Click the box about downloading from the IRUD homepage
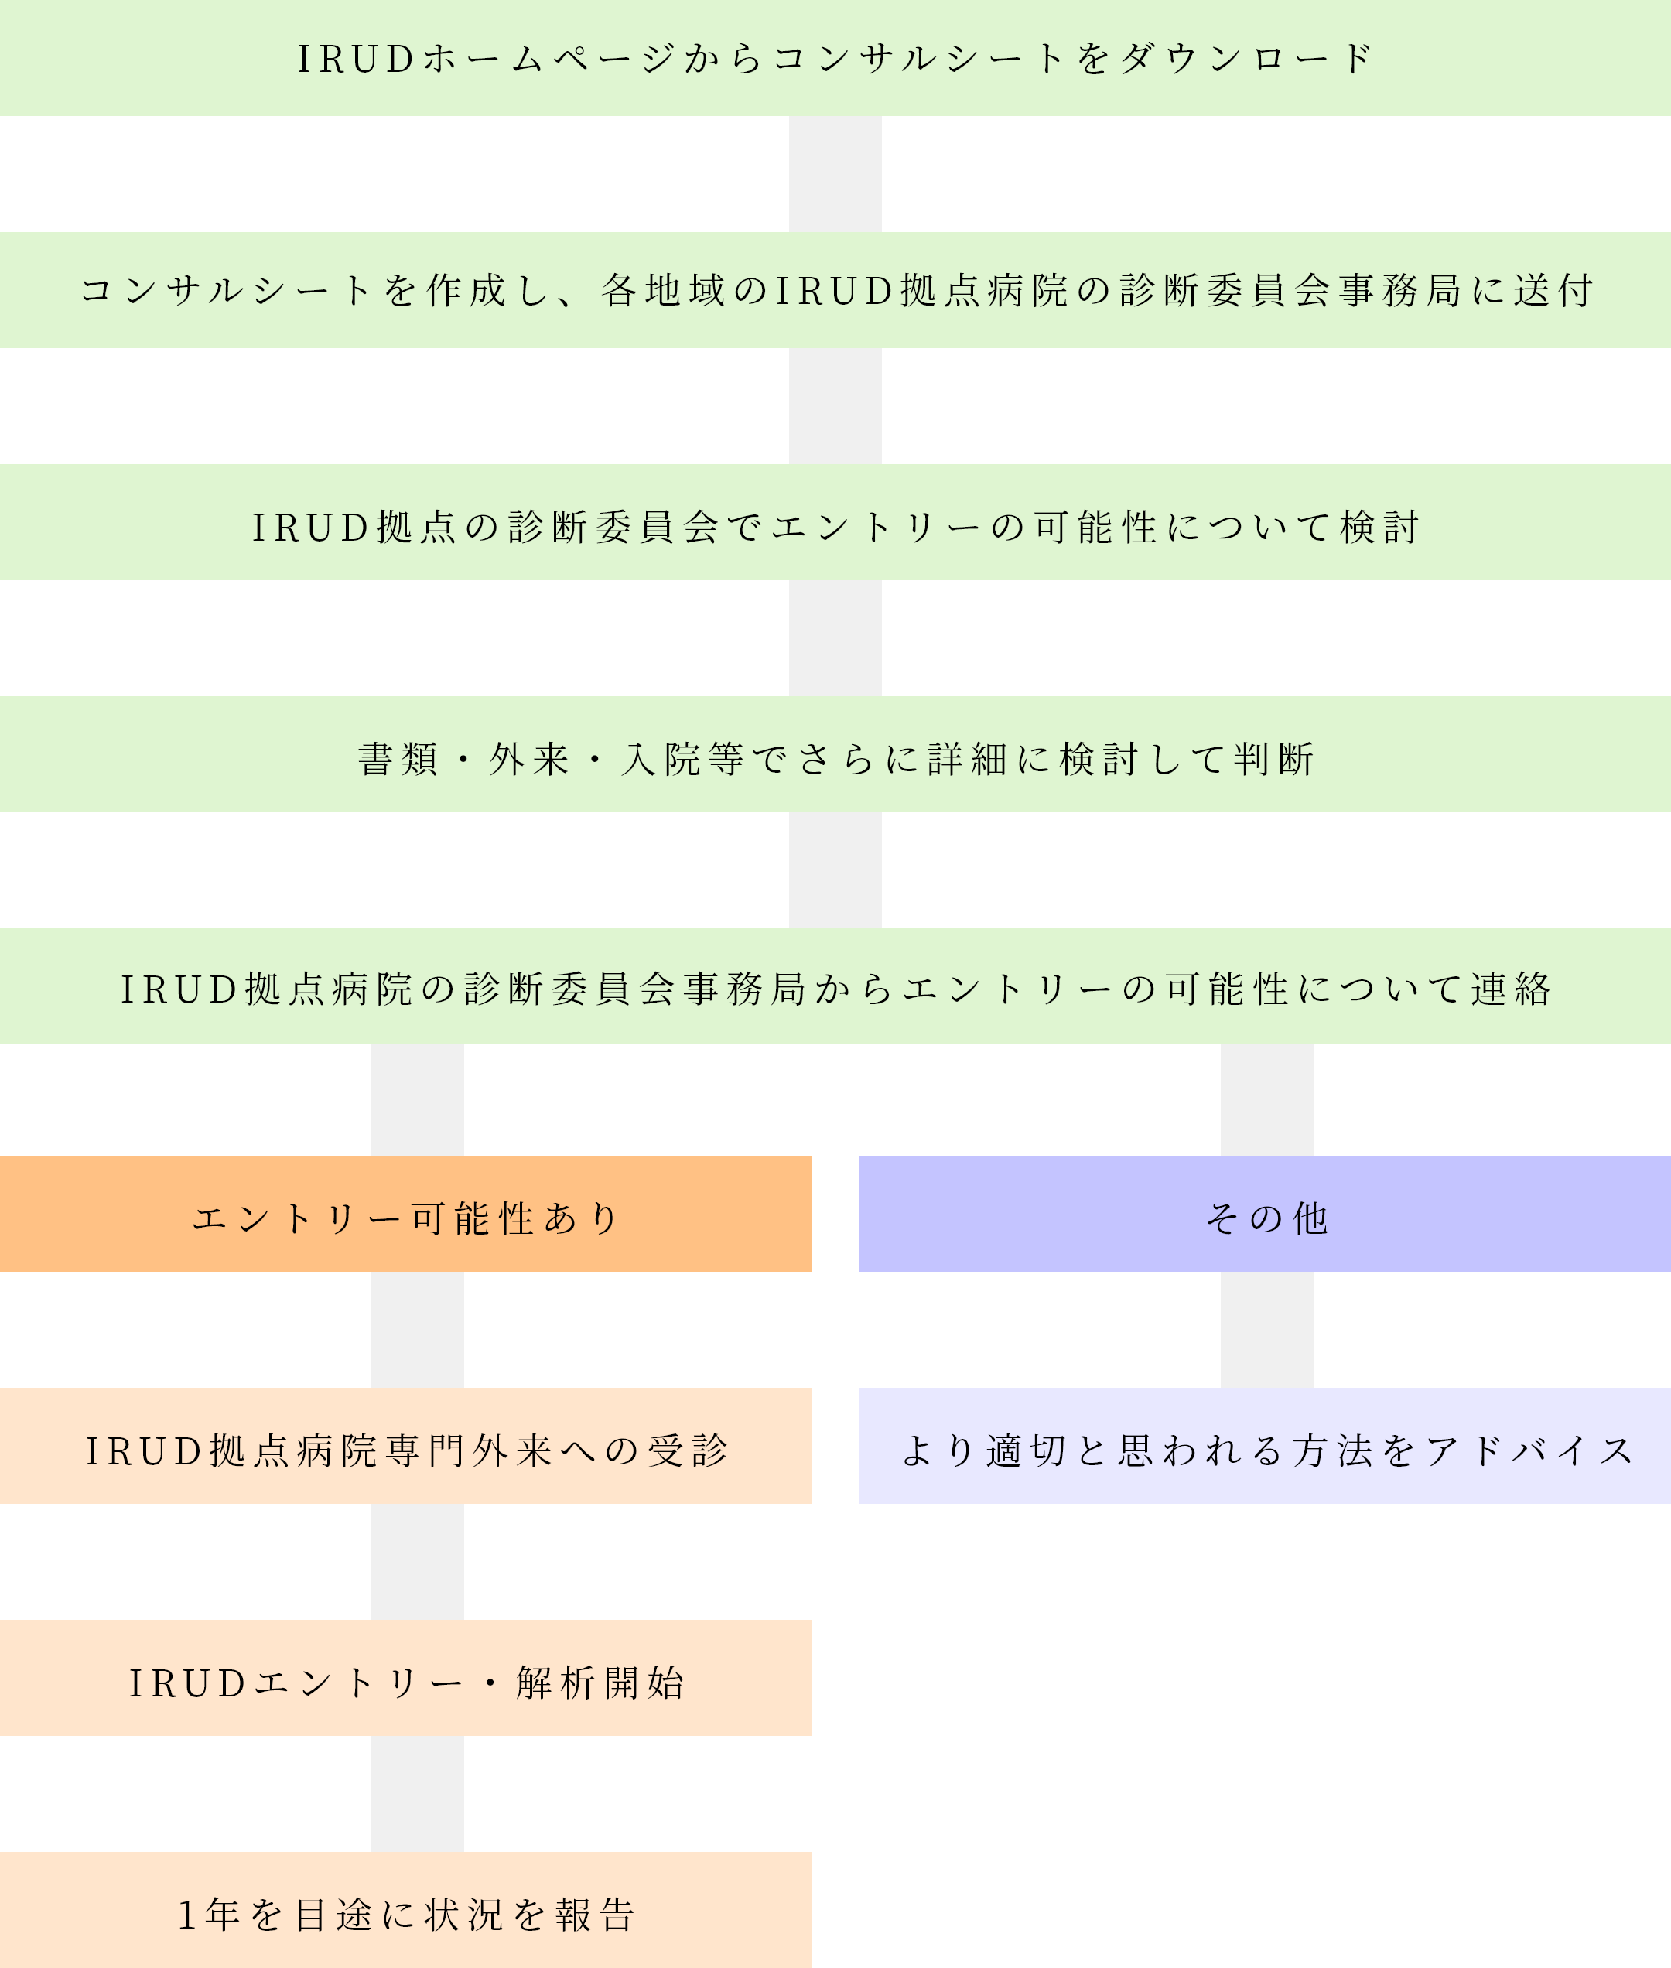pos(835,58)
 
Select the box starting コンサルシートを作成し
pos(835,290)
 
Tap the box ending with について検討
pos(835,522)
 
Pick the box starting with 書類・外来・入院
pos(835,754)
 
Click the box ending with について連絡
pos(835,986)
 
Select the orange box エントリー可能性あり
pos(405,1213)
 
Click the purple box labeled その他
pos(1265,1213)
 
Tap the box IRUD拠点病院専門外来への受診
pos(405,1445)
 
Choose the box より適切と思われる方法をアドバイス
pos(1265,1445)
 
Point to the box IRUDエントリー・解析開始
pos(405,1677)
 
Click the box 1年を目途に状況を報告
pos(405,1909)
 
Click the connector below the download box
pos(835,174)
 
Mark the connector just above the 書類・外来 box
pos(835,638)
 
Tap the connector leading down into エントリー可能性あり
pos(418,1099)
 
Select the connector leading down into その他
pos(1266,1099)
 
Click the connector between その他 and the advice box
pos(1266,1330)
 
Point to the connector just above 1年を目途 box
pos(418,1794)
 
